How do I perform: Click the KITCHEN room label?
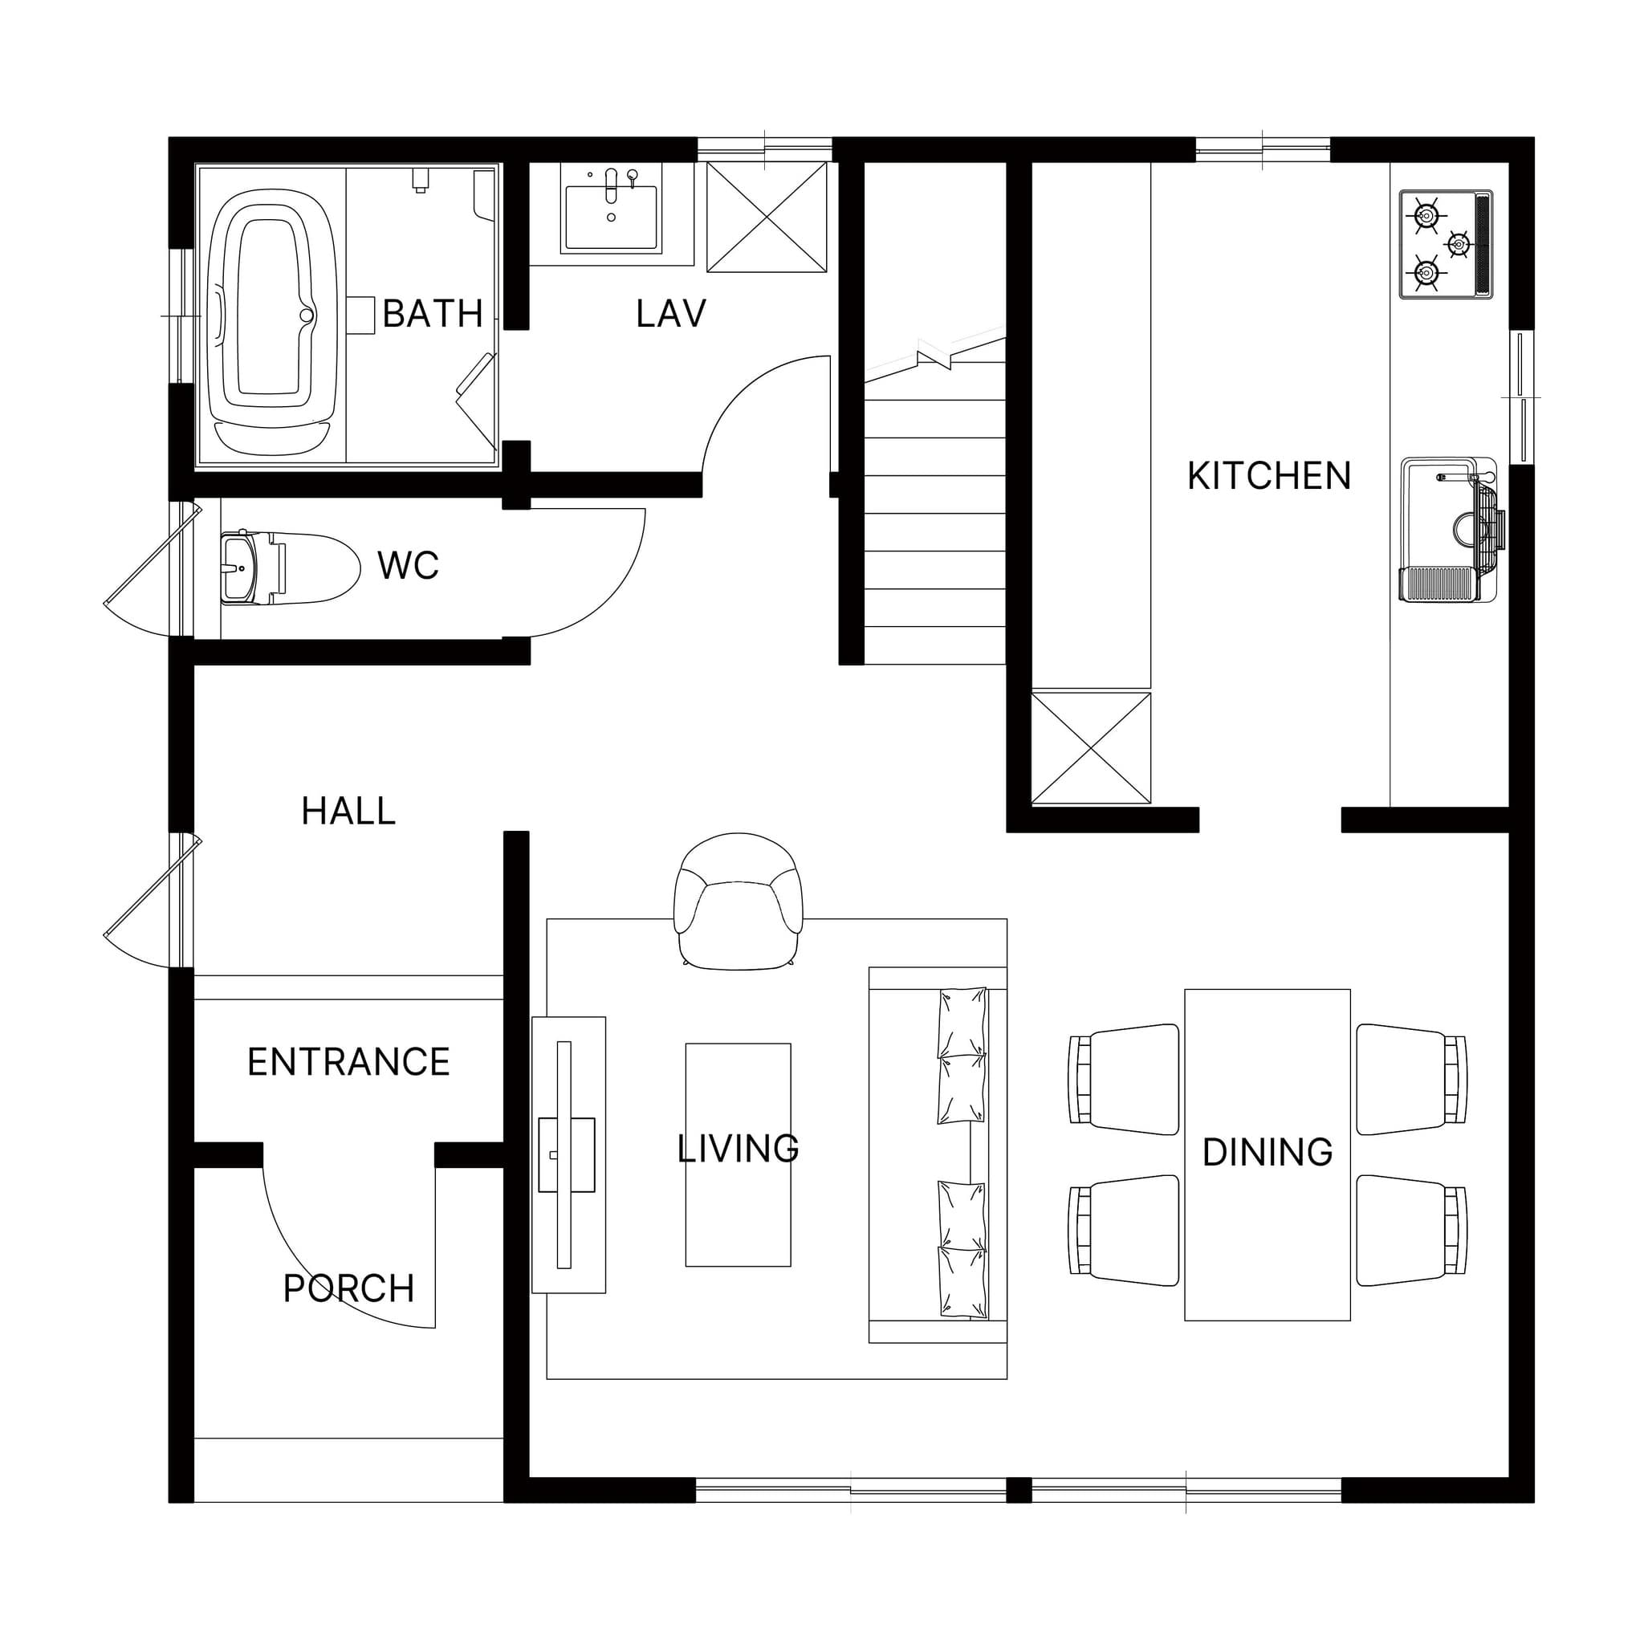1269,477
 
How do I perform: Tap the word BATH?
433,314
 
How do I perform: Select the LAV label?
670,314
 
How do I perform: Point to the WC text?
409,566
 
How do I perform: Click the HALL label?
349,812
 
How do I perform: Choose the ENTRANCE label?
349,1063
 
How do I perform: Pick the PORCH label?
349,1289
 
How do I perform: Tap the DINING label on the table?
1267,1152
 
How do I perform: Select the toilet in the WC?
289,568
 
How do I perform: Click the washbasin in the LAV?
611,208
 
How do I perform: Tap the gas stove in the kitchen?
1446,244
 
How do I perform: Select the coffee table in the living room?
738,1154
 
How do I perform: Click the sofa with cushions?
938,1154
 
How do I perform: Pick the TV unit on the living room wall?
568,1154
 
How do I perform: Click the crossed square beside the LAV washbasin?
767,217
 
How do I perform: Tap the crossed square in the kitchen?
1091,748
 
